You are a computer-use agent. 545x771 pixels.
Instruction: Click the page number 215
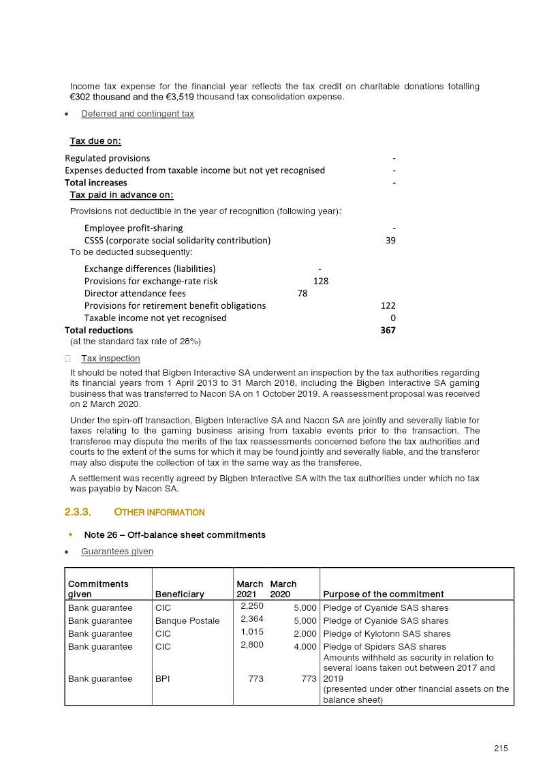pyautogui.click(x=501, y=749)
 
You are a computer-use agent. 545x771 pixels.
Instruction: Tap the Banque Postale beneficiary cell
pyautogui.click(x=187, y=621)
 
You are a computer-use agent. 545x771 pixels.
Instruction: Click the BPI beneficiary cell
pyautogui.click(x=163, y=679)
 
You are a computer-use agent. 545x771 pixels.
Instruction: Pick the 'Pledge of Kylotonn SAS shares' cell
pyautogui.click(x=386, y=634)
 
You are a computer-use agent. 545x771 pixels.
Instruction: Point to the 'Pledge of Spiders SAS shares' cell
pyautogui.click(x=384, y=647)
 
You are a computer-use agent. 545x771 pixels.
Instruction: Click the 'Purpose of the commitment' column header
pyautogui.click(x=383, y=594)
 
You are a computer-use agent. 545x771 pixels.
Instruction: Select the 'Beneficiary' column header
pyautogui.click(x=179, y=594)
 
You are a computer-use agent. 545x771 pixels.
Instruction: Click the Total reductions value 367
pyautogui.click(x=388, y=331)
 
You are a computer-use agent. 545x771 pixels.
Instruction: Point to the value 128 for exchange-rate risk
pyautogui.click(x=321, y=282)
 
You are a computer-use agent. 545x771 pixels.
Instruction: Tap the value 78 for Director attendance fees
pyautogui.click(x=302, y=294)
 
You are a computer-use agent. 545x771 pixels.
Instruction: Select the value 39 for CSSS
pyautogui.click(x=390, y=241)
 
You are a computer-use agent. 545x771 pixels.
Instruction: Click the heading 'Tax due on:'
pyautogui.click(x=95, y=141)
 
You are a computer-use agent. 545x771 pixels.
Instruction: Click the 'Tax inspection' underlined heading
pyautogui.click(x=110, y=359)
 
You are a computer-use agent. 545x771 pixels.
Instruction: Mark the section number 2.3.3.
pyautogui.click(x=78, y=512)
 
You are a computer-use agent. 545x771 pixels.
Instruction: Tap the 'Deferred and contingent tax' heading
pyautogui.click(x=137, y=114)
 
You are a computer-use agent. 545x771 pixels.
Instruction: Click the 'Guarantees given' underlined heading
pyautogui.click(x=116, y=551)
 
